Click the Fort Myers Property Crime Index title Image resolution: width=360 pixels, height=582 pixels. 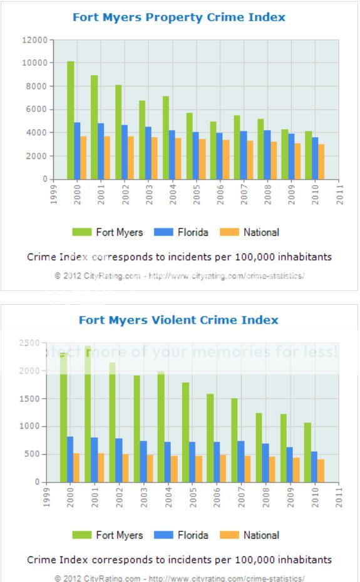pos(178,17)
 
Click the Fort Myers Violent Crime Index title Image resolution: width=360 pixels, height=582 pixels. pos(178,320)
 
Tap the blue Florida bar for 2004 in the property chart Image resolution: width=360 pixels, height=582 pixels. pos(172,155)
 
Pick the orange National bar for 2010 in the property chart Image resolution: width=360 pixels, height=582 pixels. pos(321,161)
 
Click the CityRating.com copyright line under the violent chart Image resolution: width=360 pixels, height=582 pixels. pos(179,578)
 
